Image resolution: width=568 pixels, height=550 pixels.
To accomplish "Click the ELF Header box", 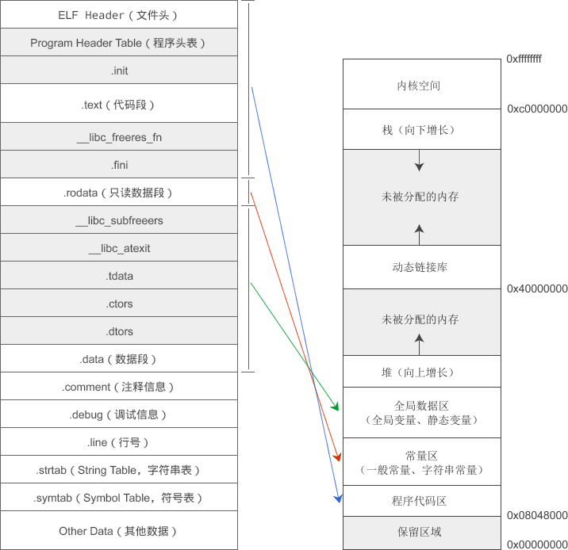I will click(x=118, y=15).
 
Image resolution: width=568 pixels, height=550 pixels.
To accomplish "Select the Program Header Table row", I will click(x=118, y=43).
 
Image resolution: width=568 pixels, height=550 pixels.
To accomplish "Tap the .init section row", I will click(x=119, y=71).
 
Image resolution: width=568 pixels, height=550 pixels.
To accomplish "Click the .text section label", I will click(x=117, y=104).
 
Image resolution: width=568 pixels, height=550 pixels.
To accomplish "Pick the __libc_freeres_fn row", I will click(x=119, y=137).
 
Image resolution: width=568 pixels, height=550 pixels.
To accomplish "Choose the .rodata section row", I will click(x=117, y=193).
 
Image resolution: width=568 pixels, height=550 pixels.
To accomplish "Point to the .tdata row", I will click(x=119, y=277).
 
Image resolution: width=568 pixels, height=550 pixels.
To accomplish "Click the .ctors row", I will click(x=119, y=304).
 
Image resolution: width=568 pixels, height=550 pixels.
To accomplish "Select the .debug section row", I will click(x=118, y=414).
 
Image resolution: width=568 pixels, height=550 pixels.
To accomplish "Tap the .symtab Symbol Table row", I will click(x=118, y=498).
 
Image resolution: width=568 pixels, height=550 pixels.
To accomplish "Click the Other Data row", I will click(x=118, y=531).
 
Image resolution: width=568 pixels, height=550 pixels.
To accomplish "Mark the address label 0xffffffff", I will click(x=524, y=59).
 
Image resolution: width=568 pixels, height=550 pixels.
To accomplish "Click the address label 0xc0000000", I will click(x=537, y=109).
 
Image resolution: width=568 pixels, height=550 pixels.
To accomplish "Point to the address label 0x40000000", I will click(x=537, y=289).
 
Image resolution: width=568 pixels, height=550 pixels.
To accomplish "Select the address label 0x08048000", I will click(x=537, y=516).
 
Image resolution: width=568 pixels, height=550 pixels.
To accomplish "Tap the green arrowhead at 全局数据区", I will click(x=336, y=407).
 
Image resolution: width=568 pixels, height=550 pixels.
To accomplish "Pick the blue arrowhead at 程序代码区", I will click(x=339, y=498).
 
